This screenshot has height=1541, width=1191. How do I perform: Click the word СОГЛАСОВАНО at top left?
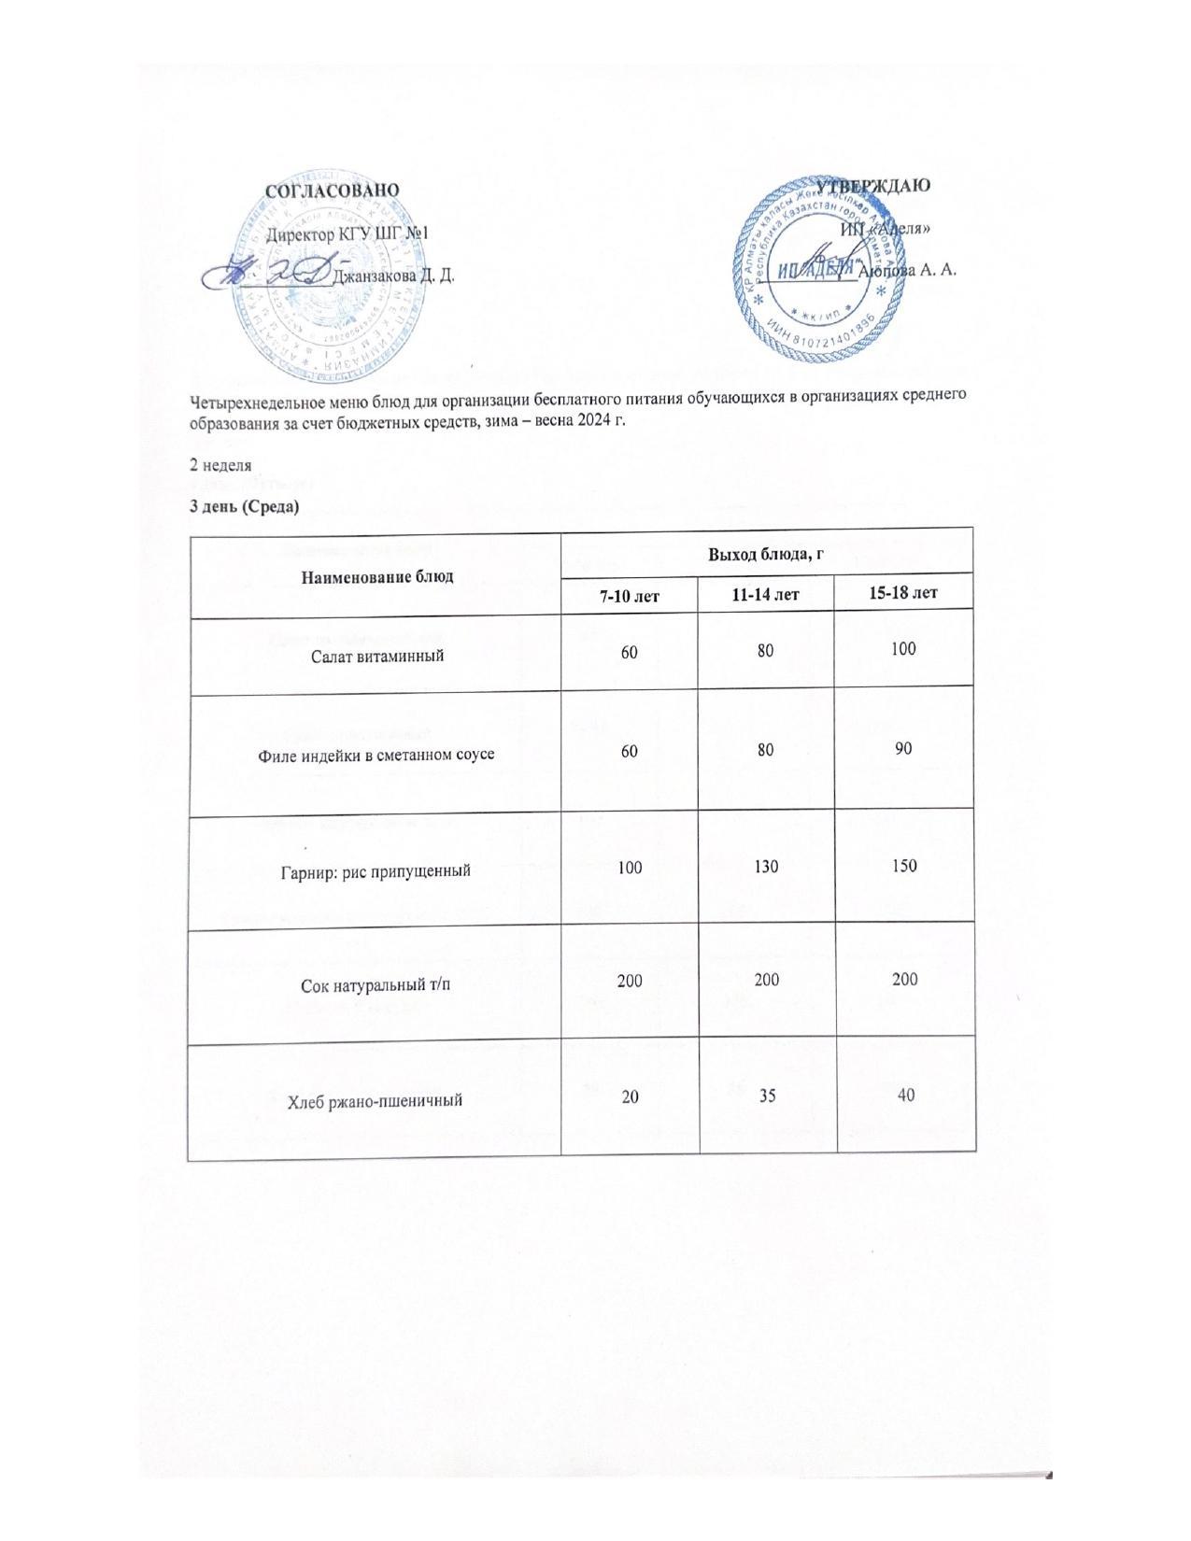[332, 190]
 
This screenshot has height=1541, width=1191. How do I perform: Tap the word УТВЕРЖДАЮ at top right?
[873, 184]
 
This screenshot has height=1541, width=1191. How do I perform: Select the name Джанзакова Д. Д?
[393, 276]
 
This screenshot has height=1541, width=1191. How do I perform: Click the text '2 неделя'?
[220, 464]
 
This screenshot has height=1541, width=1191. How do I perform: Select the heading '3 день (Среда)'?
[244, 506]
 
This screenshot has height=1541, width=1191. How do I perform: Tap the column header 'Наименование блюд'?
[376, 575]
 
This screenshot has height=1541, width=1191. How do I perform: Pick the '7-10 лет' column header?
[630, 593]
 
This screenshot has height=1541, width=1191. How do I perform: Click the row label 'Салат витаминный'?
[376, 656]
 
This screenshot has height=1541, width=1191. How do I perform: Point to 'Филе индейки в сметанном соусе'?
[376, 754]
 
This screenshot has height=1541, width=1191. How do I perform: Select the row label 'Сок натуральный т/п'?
[376, 983]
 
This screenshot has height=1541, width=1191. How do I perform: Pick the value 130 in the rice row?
[766, 867]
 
